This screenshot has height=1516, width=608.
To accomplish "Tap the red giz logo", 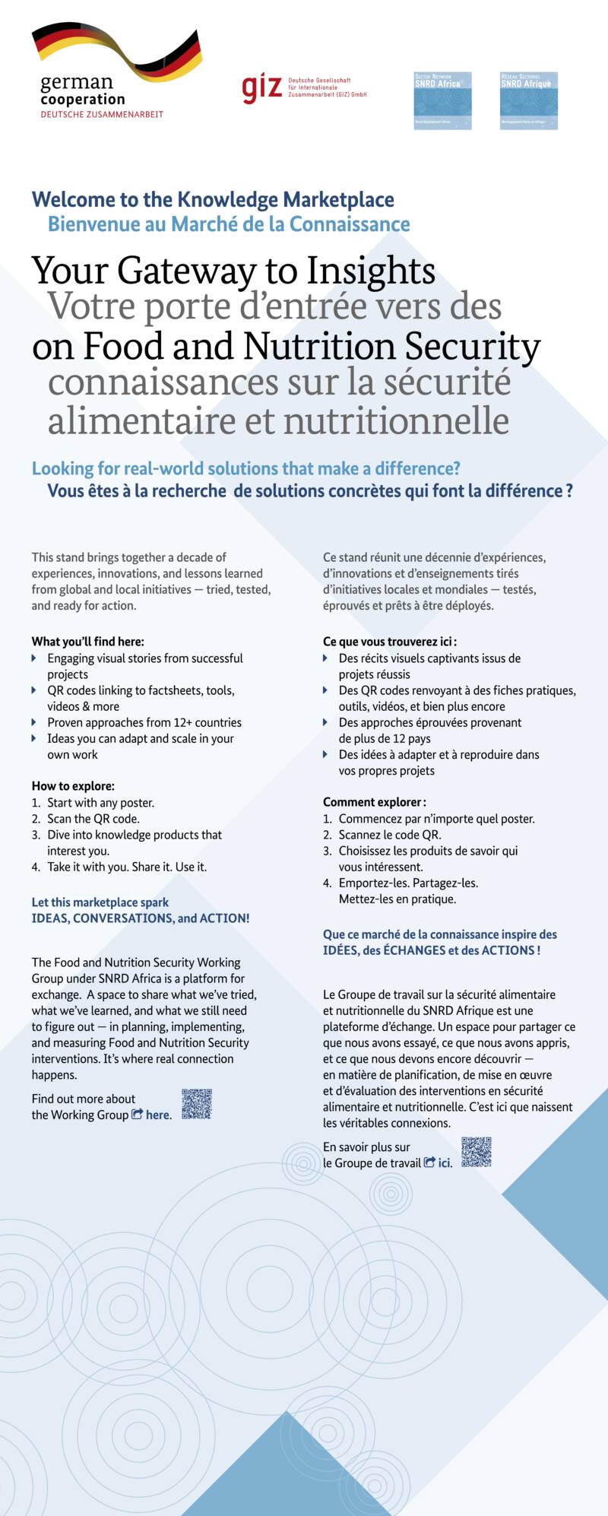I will [x=261, y=88].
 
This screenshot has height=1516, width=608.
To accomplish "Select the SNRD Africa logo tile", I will [x=442, y=100].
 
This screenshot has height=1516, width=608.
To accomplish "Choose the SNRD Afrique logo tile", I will [x=529, y=100].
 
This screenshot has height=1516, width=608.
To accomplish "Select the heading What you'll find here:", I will [x=87, y=642].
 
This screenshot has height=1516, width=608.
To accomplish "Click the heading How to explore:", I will [x=73, y=786].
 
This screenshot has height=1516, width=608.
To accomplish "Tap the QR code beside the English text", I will [x=196, y=1104].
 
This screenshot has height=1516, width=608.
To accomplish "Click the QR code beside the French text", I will [x=476, y=1152].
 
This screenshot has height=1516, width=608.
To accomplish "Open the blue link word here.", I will [x=158, y=1115].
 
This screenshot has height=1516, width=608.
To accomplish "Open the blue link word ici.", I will [x=445, y=1163].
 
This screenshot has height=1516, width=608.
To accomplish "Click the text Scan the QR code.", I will [x=93, y=819].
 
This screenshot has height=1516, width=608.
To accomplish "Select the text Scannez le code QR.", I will [x=390, y=835].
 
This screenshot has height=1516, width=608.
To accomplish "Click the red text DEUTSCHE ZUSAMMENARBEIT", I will [x=102, y=114].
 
